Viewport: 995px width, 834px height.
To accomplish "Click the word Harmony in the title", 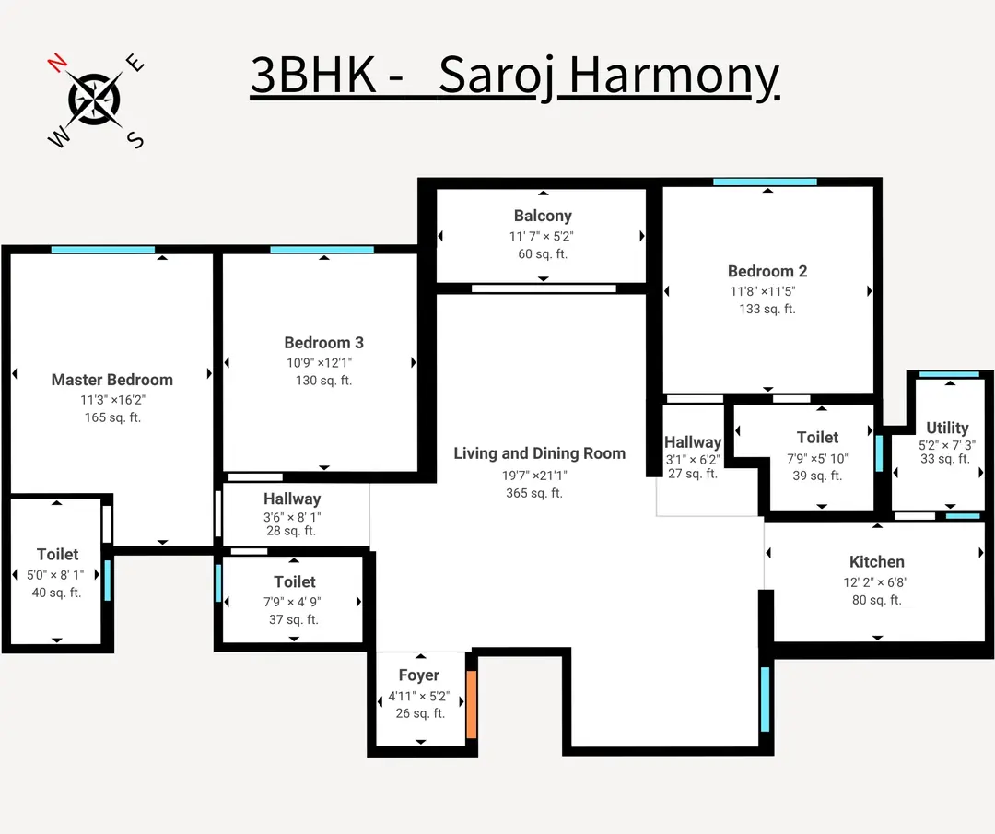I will pos(673,76).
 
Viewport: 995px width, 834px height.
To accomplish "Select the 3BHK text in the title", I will pos(313,76).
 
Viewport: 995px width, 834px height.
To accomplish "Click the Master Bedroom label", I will pos(112,380).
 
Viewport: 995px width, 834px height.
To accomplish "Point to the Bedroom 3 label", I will pos(323,343).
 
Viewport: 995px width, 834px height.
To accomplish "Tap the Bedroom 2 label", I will pos(767,271).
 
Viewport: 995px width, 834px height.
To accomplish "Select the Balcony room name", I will pos(543,216).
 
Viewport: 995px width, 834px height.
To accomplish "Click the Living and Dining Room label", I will pos(539,453).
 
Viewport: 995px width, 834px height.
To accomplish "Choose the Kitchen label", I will pos(877,561).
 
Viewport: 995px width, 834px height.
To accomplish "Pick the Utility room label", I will pos(947,428).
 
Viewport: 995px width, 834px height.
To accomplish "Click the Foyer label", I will pos(419,675).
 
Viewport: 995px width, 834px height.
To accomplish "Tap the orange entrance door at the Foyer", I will pos(472,705).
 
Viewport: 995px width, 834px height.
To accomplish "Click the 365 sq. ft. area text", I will pos(534,493).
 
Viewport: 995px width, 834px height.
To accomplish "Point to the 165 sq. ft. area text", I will pos(112,417).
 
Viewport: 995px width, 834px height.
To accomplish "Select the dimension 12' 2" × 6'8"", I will pos(876,581).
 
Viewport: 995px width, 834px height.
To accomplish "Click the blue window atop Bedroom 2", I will pos(765,182).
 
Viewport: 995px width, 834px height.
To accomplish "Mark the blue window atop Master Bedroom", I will pos(103,249).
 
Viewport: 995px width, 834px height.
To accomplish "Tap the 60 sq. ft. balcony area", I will pos(543,253).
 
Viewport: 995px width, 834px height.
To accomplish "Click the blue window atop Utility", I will pos(949,373).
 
